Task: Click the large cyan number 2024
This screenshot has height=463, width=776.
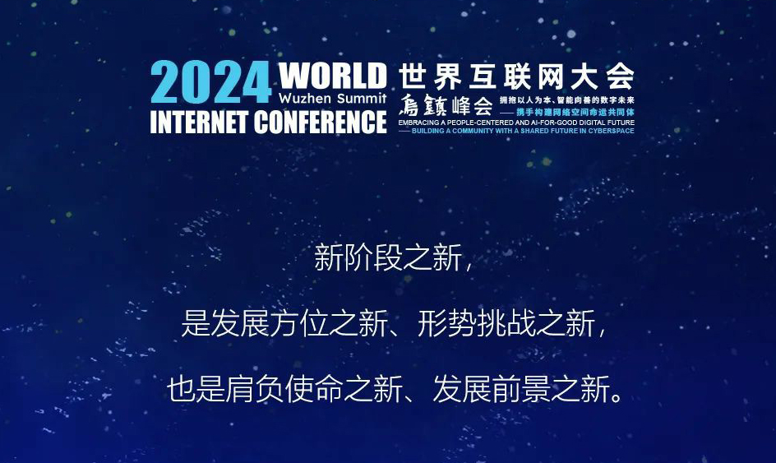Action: click(210, 82)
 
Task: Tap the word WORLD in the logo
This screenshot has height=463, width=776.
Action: click(332, 76)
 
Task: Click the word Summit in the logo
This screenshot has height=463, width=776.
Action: click(360, 98)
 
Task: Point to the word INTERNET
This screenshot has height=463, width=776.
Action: click(199, 122)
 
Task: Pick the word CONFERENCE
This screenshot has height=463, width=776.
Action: click(321, 122)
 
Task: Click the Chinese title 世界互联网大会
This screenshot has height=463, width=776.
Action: click(516, 76)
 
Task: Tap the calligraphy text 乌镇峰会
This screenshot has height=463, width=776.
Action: click(446, 105)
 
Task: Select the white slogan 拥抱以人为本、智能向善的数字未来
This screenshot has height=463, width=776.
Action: click(566, 100)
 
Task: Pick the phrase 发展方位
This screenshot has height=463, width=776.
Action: click(270, 324)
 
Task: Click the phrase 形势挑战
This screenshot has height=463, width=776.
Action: click(477, 324)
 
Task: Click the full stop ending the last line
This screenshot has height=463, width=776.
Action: click(617, 397)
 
